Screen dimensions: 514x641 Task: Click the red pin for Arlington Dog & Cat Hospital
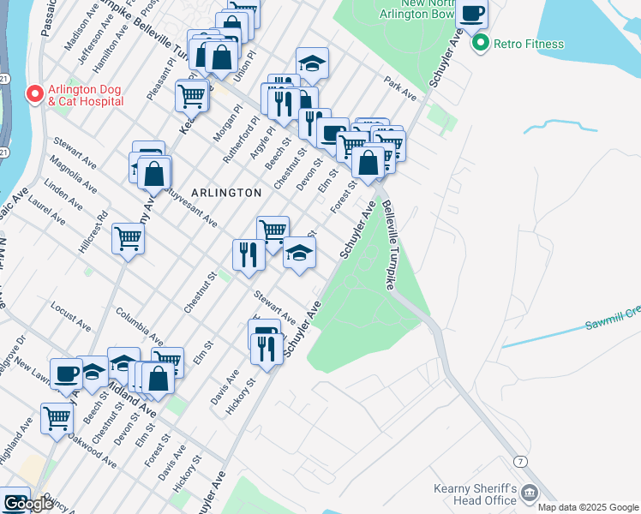point(35,93)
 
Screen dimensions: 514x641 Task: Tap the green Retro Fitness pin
point(481,43)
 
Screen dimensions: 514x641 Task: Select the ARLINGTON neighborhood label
point(227,193)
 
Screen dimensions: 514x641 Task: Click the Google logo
point(27,504)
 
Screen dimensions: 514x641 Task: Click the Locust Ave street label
point(70,316)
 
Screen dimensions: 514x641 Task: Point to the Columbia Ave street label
point(139,325)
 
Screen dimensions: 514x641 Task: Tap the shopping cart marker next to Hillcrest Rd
point(128,238)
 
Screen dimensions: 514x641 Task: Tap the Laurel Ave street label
point(47,212)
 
